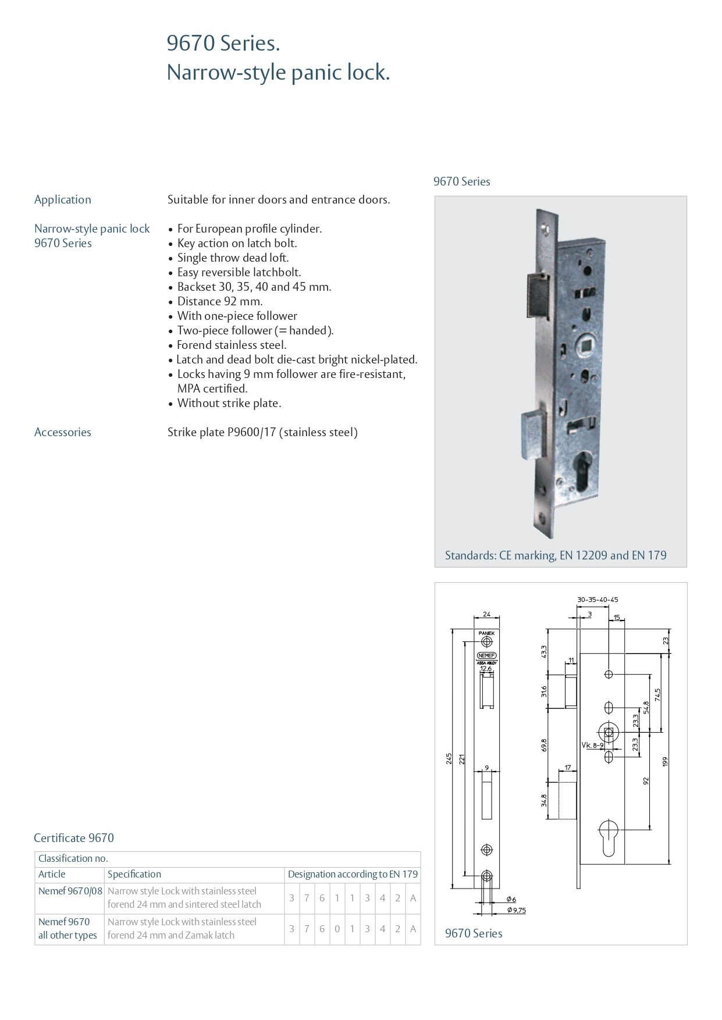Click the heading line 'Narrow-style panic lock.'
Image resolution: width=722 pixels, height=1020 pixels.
[x=278, y=73]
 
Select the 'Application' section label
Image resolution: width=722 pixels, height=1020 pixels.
[x=63, y=199]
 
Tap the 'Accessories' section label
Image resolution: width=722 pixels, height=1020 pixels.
[x=63, y=432]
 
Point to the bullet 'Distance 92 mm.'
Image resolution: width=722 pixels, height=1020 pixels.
[x=220, y=301]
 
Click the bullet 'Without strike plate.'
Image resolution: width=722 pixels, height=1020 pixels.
[x=229, y=403]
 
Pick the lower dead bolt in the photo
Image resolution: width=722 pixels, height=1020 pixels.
[x=534, y=430]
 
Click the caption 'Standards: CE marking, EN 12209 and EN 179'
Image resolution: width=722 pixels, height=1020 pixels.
[x=556, y=555]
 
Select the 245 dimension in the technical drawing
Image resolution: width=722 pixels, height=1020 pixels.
[x=449, y=758]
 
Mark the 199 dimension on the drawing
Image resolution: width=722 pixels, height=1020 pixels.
[x=666, y=761]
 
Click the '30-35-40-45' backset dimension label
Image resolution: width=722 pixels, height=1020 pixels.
[x=597, y=600]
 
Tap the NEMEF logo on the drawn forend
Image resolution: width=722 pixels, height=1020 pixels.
[x=487, y=655]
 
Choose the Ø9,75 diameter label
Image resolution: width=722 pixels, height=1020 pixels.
[x=517, y=910]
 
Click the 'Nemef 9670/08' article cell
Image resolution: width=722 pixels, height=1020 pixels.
[x=70, y=891]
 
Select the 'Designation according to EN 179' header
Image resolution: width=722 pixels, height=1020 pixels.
[x=353, y=874]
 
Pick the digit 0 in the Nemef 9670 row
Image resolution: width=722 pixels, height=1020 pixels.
[x=337, y=929]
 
